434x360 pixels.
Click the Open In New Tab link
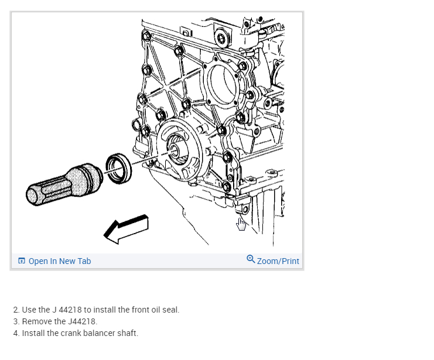[x=59, y=261]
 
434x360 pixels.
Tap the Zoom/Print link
[x=278, y=261]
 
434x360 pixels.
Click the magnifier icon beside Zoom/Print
[x=251, y=259]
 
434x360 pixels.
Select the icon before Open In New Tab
[x=22, y=261]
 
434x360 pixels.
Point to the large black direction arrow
[x=126, y=228]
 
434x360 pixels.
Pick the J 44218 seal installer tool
[x=65, y=184]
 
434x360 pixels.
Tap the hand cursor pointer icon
[x=241, y=224]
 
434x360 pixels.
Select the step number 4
[x=16, y=334]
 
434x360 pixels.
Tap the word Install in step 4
[x=32, y=334]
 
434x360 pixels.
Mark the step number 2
[x=16, y=310]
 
